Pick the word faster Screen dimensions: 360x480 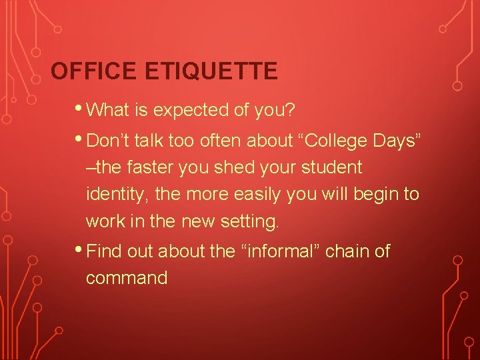pyautogui.click(x=153, y=167)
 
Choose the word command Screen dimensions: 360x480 pyautogui.click(x=127, y=278)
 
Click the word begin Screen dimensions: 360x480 pyautogui.click(x=375, y=195)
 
